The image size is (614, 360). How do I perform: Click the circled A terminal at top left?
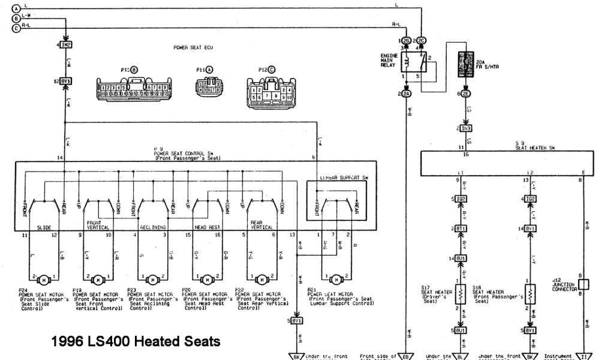tap(16, 8)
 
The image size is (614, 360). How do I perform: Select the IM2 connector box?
tap(65, 45)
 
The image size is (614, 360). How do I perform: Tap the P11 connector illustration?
tap(207, 87)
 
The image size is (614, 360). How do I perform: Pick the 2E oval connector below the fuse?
tap(466, 94)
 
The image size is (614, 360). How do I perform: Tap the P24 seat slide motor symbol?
tap(43, 280)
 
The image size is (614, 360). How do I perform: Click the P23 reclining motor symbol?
tap(152, 280)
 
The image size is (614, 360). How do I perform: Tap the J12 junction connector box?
tap(583, 284)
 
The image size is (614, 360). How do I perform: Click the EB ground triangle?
tap(406, 356)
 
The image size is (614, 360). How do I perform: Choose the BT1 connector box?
tap(462, 229)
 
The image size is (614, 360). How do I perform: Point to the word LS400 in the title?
tap(109, 341)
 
